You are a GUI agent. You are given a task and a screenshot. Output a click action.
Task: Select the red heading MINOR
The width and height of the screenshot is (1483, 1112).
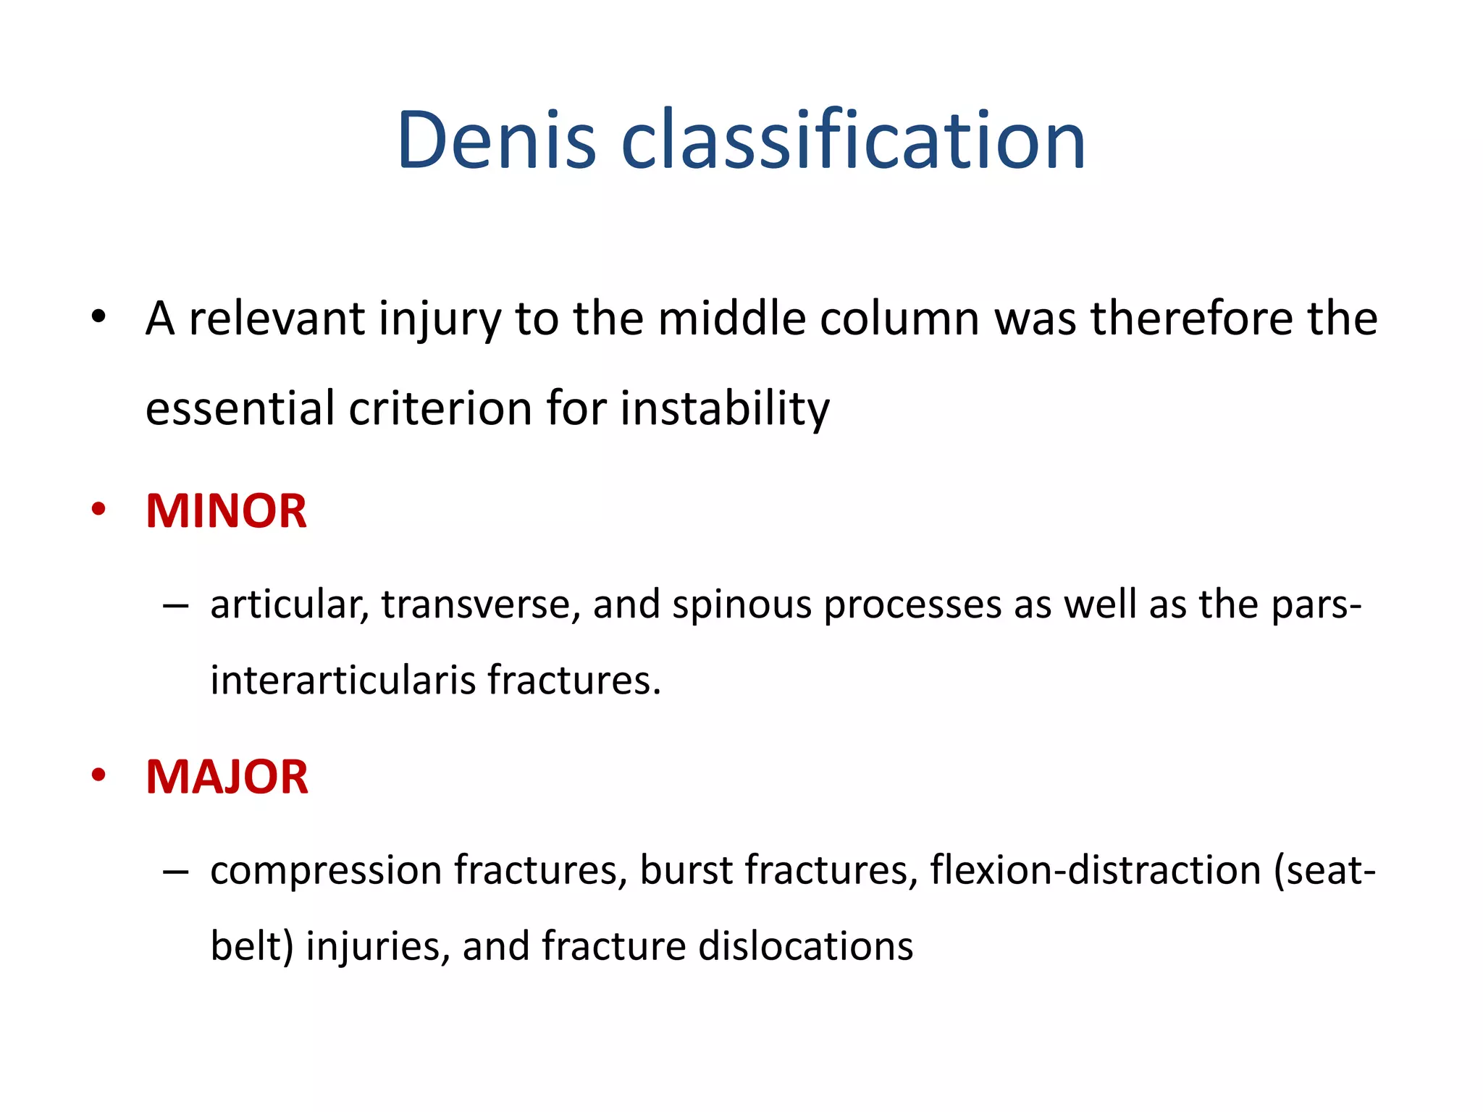[226, 511]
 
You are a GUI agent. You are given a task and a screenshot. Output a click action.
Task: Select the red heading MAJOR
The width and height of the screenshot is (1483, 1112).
[227, 777]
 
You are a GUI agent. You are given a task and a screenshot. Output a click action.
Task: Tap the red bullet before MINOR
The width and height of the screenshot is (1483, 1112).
[98, 509]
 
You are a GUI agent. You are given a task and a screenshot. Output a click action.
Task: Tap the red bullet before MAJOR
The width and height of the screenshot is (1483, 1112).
[98, 775]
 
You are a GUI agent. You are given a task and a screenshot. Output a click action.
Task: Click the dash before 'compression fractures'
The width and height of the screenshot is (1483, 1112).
[175, 871]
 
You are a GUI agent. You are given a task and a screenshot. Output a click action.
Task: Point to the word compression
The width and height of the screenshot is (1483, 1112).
[325, 871]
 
